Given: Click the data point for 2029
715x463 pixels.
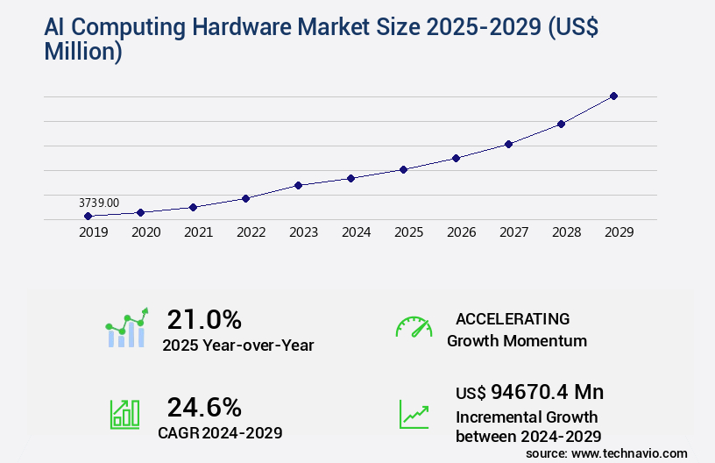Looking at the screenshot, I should tap(613, 96).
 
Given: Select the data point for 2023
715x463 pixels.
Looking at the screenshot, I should tap(298, 185).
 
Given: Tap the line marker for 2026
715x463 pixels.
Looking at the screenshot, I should tap(456, 158).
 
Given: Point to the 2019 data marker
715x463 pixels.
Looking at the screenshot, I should tap(88, 216).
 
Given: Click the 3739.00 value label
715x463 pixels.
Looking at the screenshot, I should tap(99, 203).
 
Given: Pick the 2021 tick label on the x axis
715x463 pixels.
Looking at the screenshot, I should tap(198, 232).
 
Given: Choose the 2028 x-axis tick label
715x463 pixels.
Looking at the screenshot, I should tap(566, 232).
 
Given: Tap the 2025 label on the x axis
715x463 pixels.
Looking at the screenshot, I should tap(408, 232).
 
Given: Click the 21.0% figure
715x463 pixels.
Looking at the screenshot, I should tap(204, 319).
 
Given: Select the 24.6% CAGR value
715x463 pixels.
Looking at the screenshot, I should tap(204, 407).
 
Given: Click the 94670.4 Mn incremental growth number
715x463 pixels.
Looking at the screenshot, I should tap(529, 391).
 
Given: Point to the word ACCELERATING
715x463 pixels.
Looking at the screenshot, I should tap(513, 318).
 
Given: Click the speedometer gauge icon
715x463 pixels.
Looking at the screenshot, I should tap(414, 327).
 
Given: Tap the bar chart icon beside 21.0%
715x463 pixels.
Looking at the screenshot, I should tap(126, 329).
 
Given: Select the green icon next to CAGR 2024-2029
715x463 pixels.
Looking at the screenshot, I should tap(124, 414).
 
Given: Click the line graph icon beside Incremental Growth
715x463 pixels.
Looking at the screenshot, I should tap(414, 414).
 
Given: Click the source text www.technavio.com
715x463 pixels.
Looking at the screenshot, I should tap(628, 452).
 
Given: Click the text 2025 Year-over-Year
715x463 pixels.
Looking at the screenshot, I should tap(238, 345).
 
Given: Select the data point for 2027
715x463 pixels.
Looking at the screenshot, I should tap(508, 144).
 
